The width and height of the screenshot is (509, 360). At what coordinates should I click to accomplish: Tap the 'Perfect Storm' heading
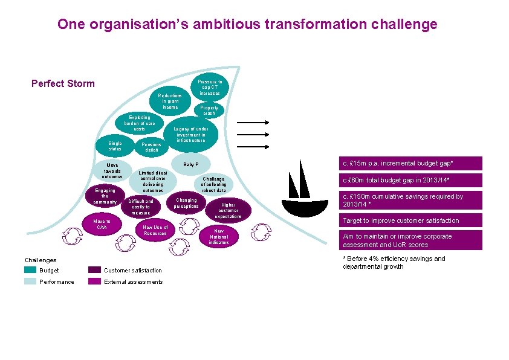click(x=63, y=83)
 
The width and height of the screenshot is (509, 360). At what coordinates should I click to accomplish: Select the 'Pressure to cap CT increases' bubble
click(x=210, y=88)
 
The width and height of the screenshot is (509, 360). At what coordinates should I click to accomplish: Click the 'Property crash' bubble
click(x=210, y=111)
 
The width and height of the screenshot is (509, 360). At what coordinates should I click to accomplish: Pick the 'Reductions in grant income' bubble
click(x=169, y=101)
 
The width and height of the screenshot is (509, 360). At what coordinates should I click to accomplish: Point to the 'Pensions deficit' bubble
click(x=151, y=147)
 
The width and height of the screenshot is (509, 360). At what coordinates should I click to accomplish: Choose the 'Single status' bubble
click(x=115, y=147)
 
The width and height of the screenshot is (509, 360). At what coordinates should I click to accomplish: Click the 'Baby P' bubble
click(x=190, y=164)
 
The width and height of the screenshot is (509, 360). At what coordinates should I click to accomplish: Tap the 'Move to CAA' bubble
click(x=102, y=224)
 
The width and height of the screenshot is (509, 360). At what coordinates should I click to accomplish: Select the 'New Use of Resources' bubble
click(x=155, y=230)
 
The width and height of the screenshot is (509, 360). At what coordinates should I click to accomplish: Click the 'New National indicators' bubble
click(x=219, y=236)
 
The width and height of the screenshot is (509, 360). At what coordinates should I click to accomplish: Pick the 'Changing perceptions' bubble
click(x=186, y=203)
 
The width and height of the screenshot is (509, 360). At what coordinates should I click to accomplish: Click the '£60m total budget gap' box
click(x=410, y=181)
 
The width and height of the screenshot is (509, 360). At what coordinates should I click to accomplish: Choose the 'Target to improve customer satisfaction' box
click(x=410, y=220)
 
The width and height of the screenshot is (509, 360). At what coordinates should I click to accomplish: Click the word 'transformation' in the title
click(x=321, y=25)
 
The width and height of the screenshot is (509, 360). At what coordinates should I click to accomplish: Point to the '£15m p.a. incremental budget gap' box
click(x=410, y=164)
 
